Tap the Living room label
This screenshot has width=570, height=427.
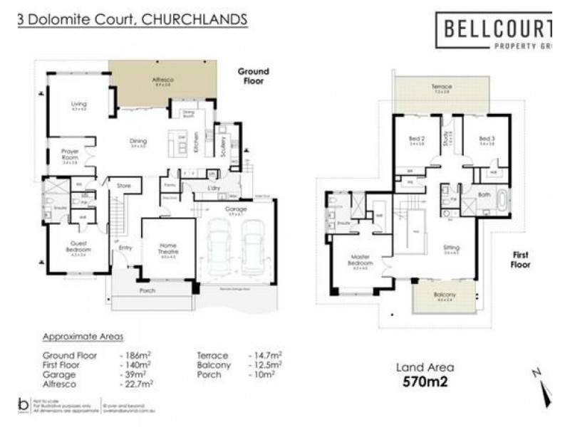point(79,105)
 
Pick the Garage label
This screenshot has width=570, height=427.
point(236,209)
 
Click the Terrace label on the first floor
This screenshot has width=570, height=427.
point(441,87)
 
